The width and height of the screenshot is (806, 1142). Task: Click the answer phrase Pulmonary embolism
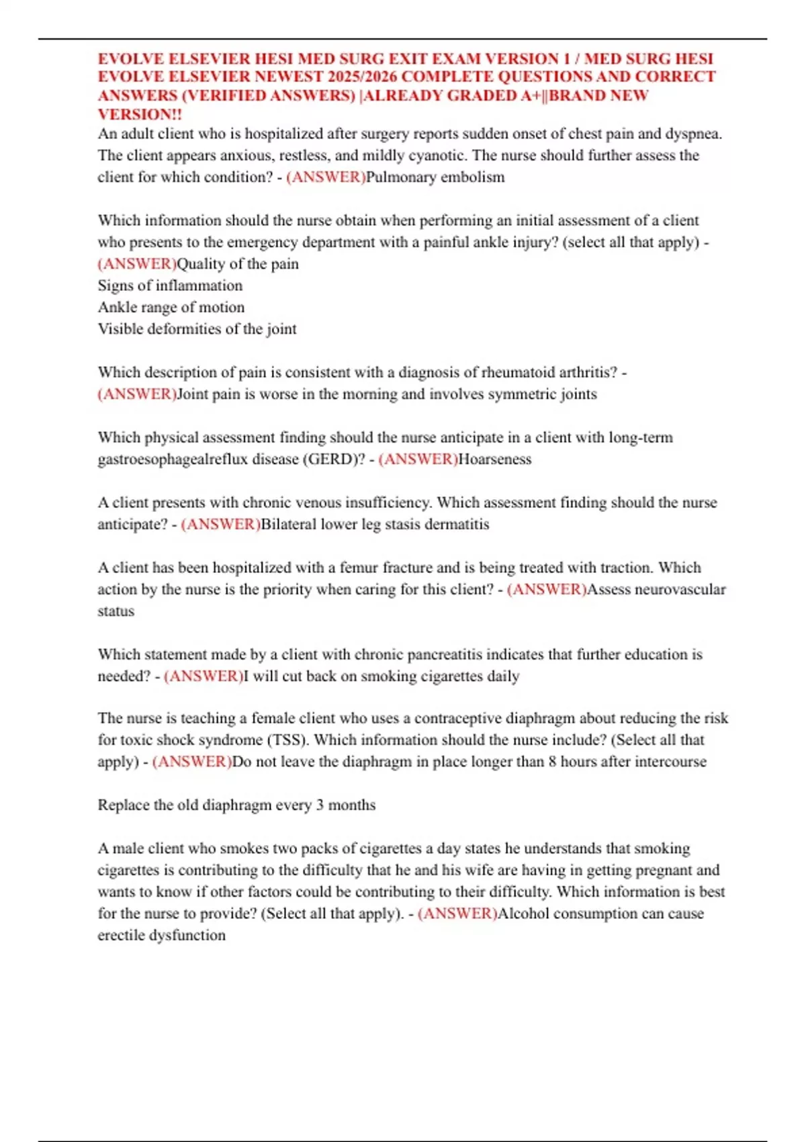point(435,177)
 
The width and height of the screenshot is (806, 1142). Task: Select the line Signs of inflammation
point(170,285)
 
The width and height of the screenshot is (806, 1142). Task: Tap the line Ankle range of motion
point(171,307)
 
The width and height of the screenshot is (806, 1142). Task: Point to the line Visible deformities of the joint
point(197,329)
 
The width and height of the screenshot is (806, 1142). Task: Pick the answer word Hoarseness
point(494,459)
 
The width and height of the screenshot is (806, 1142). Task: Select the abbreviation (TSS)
point(288,740)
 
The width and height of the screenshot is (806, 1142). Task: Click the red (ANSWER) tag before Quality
point(137,264)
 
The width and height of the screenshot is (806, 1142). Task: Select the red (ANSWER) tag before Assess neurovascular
point(547,590)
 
